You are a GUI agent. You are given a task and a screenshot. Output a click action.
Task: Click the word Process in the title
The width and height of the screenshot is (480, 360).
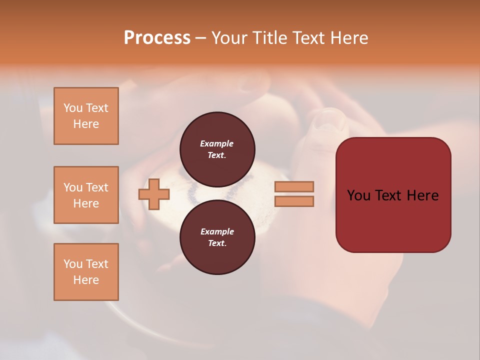157,37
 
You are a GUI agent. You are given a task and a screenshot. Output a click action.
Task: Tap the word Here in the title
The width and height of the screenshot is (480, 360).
349,37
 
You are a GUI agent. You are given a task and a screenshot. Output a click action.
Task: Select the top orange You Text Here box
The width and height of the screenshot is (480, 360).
86,116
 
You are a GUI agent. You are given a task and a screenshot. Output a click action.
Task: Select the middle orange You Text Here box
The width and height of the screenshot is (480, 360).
86,195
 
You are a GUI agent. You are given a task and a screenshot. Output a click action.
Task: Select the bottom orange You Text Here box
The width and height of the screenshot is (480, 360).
86,272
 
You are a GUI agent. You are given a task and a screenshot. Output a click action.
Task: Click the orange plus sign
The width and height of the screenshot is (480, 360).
154,194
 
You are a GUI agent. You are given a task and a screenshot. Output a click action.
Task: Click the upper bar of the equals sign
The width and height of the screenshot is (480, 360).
294,186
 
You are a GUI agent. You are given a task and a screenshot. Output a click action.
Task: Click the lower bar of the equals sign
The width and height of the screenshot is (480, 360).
294,201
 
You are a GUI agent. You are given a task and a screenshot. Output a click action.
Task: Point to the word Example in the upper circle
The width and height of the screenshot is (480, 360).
216,143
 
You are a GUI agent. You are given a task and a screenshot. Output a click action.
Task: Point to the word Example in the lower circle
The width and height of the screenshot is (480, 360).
216,231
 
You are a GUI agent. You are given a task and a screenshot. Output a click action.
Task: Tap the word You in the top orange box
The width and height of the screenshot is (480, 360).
73,108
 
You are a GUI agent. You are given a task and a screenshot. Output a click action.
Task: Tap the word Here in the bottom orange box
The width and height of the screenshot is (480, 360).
86,280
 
